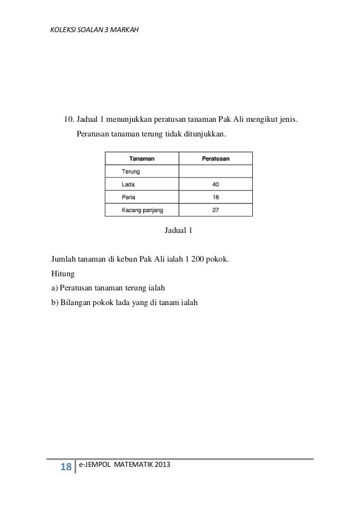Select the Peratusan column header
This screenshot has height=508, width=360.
click(x=216, y=158)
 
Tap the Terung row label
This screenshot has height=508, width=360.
click(x=131, y=171)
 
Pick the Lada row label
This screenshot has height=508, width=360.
click(x=128, y=184)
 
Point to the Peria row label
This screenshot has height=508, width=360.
click(x=129, y=197)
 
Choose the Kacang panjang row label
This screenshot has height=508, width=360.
click(x=142, y=210)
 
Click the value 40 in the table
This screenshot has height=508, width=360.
click(x=216, y=184)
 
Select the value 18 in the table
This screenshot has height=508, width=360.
click(x=216, y=197)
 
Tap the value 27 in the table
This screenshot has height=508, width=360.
click(x=216, y=210)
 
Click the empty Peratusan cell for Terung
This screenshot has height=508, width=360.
click(x=216, y=171)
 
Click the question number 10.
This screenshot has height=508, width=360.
click(x=68, y=120)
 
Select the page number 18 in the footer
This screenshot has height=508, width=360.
click(x=65, y=467)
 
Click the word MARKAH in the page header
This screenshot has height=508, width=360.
click(x=120, y=26)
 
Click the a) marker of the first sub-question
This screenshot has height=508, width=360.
click(x=55, y=287)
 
